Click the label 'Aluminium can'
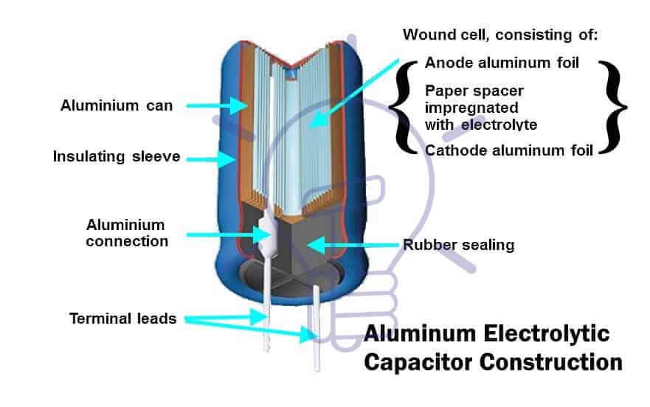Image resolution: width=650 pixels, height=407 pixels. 116,105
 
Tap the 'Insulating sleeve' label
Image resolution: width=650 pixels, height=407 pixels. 116,156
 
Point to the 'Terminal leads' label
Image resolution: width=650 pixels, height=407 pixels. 123,319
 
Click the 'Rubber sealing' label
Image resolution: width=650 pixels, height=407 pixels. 458,245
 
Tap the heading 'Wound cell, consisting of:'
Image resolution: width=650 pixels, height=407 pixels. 500,35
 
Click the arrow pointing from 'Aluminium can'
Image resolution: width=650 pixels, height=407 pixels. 218,106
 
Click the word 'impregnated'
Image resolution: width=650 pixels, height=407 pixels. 467,108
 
